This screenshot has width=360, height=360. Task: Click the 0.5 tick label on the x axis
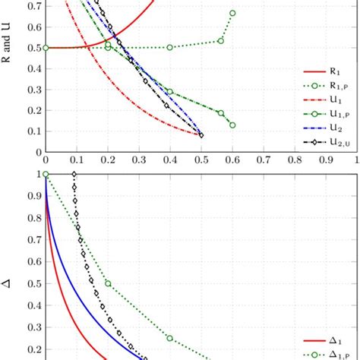pos(201,162)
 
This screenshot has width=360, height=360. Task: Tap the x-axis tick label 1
pos(356,162)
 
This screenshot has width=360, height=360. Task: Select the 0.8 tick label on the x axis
pos(294,162)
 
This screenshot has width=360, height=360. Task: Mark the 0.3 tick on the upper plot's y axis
pos(36,89)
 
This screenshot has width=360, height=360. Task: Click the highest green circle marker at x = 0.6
pos(232,13)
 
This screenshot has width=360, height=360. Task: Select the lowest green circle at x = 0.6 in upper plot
pos(232,125)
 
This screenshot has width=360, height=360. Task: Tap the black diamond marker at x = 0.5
pos(201,135)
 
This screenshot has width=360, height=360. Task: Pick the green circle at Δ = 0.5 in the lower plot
pos(108,283)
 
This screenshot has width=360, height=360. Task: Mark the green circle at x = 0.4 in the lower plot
pos(170,338)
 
